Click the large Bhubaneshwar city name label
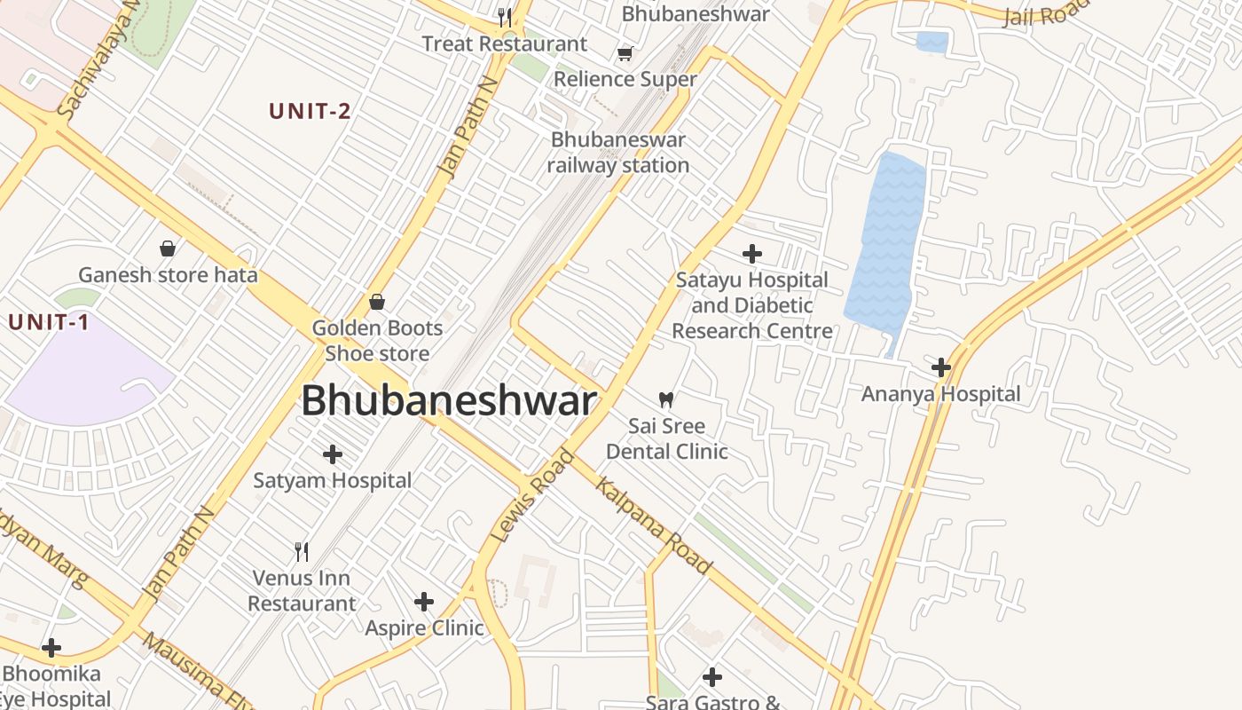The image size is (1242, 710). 449,401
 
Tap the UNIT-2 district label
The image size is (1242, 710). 310,111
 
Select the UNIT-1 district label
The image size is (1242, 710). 49,322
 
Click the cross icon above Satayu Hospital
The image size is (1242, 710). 752,254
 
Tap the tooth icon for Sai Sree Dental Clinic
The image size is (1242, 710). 666,400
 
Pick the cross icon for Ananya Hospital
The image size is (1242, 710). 941,367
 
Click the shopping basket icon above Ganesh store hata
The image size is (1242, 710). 168,248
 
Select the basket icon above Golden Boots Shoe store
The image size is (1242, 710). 377,302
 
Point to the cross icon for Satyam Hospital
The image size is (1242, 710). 333,454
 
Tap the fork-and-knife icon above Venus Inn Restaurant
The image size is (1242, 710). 302,552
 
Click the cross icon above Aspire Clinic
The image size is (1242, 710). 424,602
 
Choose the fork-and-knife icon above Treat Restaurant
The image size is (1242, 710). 505,18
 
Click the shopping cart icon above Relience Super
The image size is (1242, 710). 625,53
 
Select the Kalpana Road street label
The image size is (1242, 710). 653,525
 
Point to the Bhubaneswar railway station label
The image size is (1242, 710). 618,153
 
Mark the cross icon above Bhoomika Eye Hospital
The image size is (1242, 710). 51,648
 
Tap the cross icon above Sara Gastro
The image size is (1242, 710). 712,678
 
